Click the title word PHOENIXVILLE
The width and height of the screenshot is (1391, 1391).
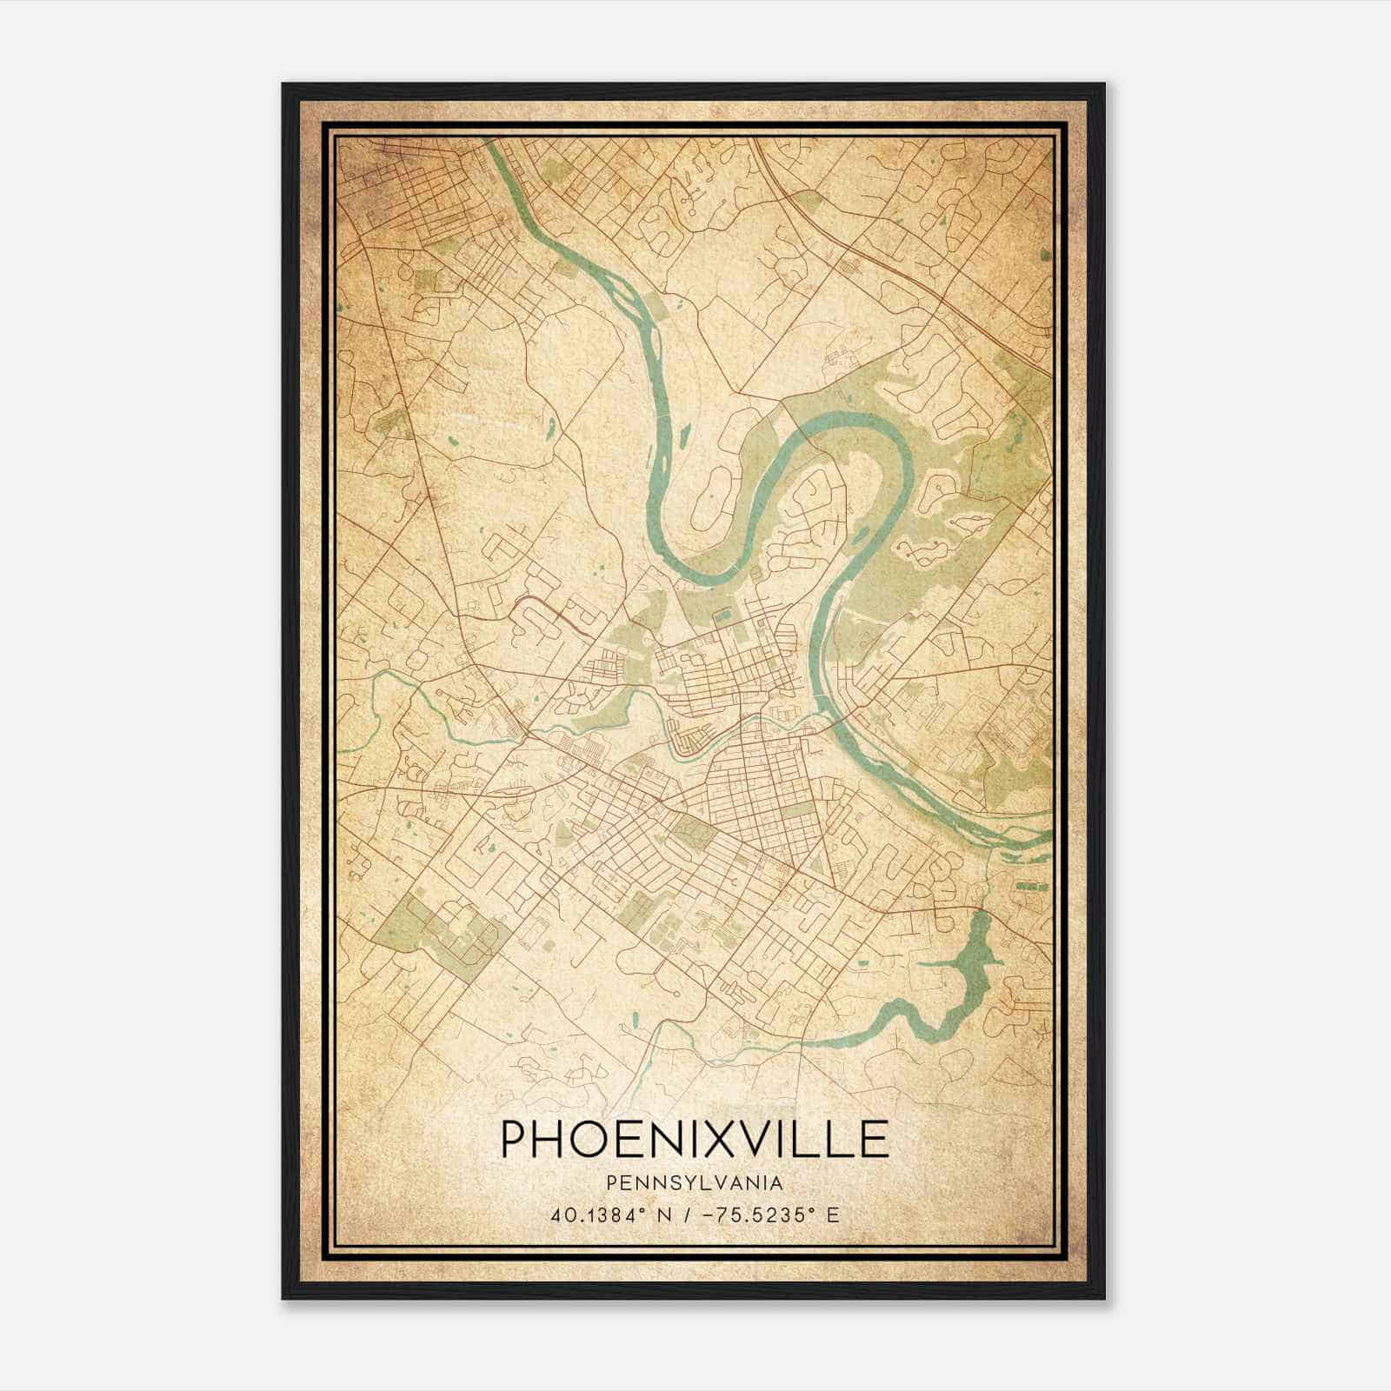[x=695, y=1139]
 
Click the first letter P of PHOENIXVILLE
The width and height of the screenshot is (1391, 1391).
[x=513, y=1139]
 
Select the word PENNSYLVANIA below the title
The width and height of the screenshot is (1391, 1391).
[x=695, y=1183]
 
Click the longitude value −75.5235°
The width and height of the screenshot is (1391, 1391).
[x=756, y=1215]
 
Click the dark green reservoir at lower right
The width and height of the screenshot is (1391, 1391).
[x=965, y=965]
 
